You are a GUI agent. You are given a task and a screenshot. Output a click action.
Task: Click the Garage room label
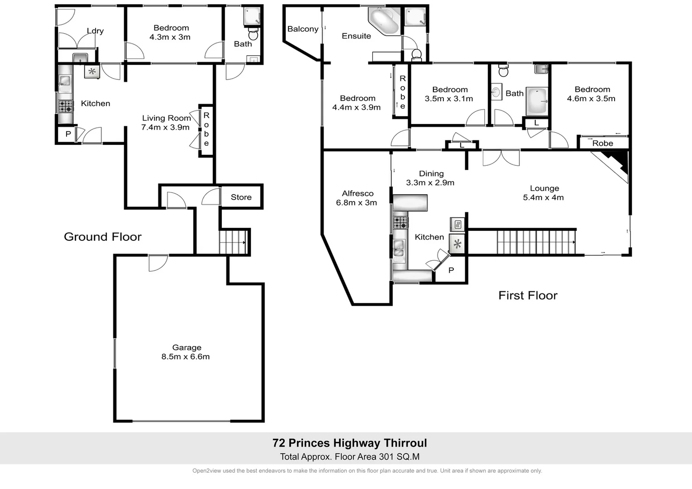coord(187,348)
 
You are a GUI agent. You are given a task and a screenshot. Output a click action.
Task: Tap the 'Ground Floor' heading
coord(103,237)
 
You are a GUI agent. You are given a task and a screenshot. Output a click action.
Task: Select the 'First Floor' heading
coord(528,296)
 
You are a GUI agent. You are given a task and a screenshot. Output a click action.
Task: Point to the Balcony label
coord(303,29)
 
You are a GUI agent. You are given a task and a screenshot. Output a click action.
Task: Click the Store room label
coord(241,197)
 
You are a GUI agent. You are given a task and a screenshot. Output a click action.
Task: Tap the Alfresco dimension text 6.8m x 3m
coord(356,203)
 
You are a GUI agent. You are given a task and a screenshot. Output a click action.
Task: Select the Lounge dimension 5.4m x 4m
coord(543,197)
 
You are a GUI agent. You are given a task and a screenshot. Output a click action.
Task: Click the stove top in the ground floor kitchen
coord(65,106)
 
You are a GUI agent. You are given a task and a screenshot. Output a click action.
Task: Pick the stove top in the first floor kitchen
coord(400,222)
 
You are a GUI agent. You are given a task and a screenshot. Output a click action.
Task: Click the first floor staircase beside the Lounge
coord(536,242)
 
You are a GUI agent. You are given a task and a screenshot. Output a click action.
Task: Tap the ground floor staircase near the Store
coord(233,242)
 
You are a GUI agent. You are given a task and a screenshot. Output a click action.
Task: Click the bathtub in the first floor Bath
coord(537,101)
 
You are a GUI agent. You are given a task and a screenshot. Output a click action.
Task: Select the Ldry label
coord(95,31)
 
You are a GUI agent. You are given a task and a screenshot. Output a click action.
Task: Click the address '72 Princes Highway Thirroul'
coord(350,443)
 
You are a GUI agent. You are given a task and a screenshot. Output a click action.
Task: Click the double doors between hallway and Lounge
coord(501,158)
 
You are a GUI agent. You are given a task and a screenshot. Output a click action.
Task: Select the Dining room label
coord(431,173)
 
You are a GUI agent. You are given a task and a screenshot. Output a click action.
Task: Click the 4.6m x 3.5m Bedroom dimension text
coord(591,99)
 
